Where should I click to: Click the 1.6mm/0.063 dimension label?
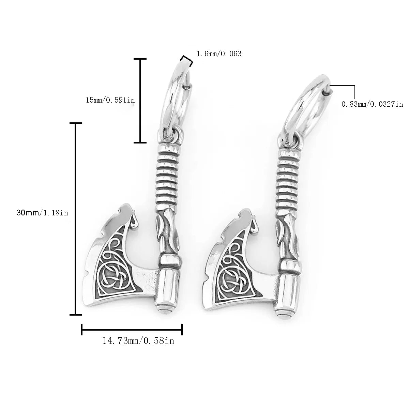point(219,54)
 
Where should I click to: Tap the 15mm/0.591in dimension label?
point(110,100)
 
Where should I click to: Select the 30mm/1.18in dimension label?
point(43,213)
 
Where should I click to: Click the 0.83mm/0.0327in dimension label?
point(372,104)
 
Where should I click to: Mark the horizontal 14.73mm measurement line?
point(132,330)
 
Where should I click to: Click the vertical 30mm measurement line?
point(76,218)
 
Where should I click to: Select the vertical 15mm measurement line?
point(140,101)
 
